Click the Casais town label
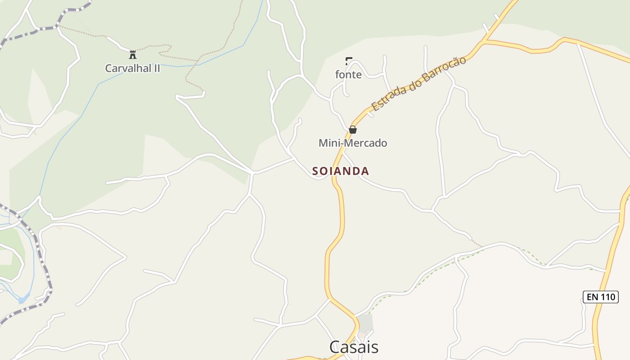pos(354,347)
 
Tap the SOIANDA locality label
pos(341,171)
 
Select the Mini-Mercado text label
pos(353,143)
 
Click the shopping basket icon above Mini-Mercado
pos(353,130)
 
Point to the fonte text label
pos(348,75)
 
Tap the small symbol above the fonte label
pos(348,61)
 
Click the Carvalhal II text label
pos(132,68)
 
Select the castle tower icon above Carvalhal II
pos(133,55)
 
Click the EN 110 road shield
pos(600,297)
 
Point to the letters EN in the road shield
pos(592,297)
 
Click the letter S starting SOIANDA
pos(315,171)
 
